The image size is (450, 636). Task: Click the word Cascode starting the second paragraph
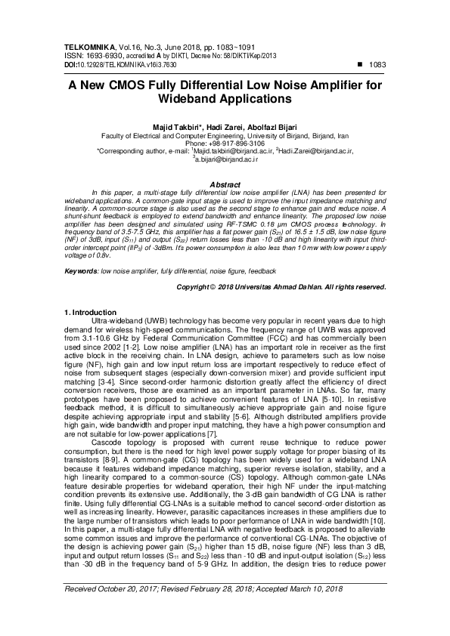click(106, 423)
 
